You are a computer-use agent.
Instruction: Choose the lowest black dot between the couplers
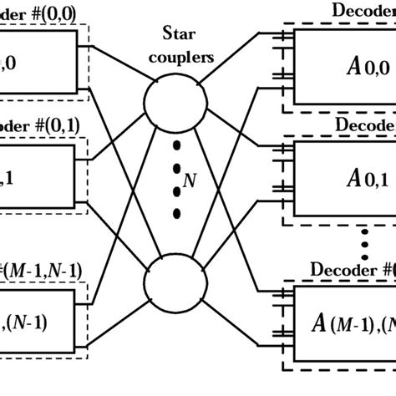[x=176, y=215]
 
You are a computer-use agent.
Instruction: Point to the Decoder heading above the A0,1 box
[x=364, y=124]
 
